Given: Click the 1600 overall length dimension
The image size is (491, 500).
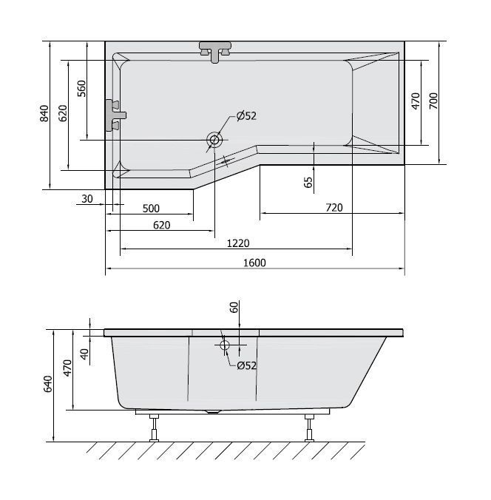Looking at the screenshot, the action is [254, 263].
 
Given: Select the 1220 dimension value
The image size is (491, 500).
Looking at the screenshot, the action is [238, 243].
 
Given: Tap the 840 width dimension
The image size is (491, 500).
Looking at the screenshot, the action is [44, 113].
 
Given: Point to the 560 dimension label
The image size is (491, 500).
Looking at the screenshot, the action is [81, 89].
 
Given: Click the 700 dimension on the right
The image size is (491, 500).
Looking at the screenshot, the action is [433, 101].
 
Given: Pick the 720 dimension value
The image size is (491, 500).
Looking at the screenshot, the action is [334, 208].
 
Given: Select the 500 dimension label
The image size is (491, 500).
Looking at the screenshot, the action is [151, 209].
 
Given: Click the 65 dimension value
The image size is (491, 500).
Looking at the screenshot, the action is [308, 183].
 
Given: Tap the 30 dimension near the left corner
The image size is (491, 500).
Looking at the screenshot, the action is [87, 199].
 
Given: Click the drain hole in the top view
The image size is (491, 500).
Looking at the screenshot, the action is [214, 140].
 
